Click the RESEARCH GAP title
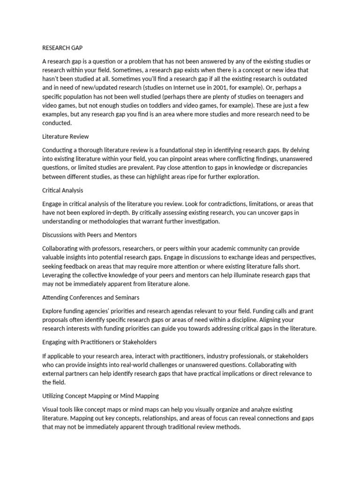click(x=61, y=47)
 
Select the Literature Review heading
click(x=65, y=137)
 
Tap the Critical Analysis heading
click(x=63, y=191)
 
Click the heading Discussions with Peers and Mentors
click(x=90, y=235)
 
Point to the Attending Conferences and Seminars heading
click(x=90, y=297)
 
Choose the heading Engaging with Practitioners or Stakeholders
click(x=99, y=342)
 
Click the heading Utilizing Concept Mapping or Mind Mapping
click(x=100, y=396)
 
